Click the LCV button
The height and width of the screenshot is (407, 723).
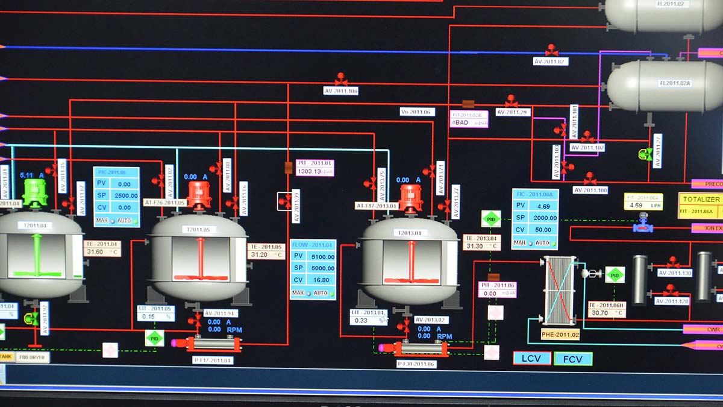[532, 358]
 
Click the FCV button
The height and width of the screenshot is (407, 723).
[572, 359]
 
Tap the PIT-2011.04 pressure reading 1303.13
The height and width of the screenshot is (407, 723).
[314, 171]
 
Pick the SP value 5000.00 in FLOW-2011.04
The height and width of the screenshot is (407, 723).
[322, 268]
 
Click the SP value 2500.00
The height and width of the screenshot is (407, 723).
[125, 195]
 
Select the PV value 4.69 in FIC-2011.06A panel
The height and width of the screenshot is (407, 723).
[543, 206]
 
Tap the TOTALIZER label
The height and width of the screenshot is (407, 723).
[701, 199]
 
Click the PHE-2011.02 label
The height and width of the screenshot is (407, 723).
[560, 335]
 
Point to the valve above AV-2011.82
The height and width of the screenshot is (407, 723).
[551, 50]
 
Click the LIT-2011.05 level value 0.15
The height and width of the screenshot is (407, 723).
[152, 317]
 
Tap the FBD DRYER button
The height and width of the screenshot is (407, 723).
[33, 357]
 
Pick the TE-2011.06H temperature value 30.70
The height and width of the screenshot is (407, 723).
[606, 314]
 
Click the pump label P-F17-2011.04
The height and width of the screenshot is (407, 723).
[213, 361]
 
